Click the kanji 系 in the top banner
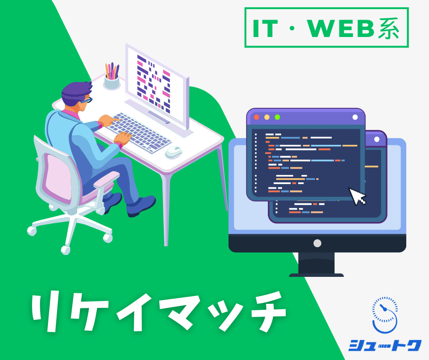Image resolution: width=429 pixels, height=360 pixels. [388, 28]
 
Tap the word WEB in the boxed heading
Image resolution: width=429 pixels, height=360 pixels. [340, 28]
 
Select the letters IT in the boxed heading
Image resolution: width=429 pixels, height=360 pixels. [265, 28]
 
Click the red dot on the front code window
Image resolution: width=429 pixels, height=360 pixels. [256, 117]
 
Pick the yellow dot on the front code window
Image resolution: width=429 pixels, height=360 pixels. [267, 117]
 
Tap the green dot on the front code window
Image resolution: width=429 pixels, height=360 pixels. [277, 117]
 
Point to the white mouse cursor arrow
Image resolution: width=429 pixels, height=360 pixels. [357, 196]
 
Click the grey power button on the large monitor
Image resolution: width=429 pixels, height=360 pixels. [317, 244]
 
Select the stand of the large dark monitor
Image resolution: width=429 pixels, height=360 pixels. [317, 265]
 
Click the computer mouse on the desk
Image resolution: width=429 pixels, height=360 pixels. [173, 152]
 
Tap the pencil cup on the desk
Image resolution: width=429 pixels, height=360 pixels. [112, 82]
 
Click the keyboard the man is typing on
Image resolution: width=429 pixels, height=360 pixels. [138, 132]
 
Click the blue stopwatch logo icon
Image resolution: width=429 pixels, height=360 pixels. [385, 315]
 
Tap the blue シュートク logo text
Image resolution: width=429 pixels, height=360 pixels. [385, 345]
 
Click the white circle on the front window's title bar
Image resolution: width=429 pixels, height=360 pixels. [355, 117]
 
